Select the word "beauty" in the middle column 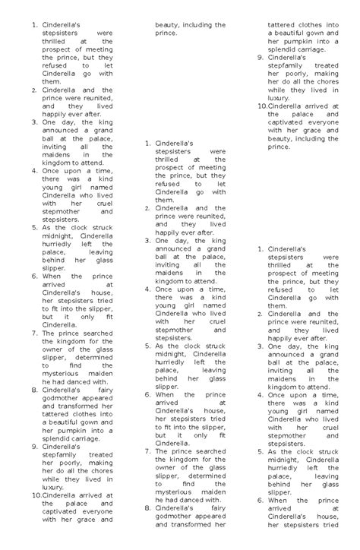[168, 25]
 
